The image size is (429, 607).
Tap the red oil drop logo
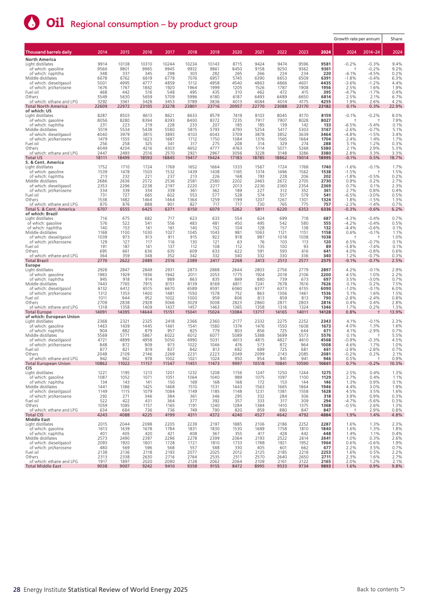[x=32, y=22]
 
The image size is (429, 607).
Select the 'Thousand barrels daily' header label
[x=48, y=52]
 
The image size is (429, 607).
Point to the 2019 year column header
[x=215, y=52]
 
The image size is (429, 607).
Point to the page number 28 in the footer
[x=17, y=589]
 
